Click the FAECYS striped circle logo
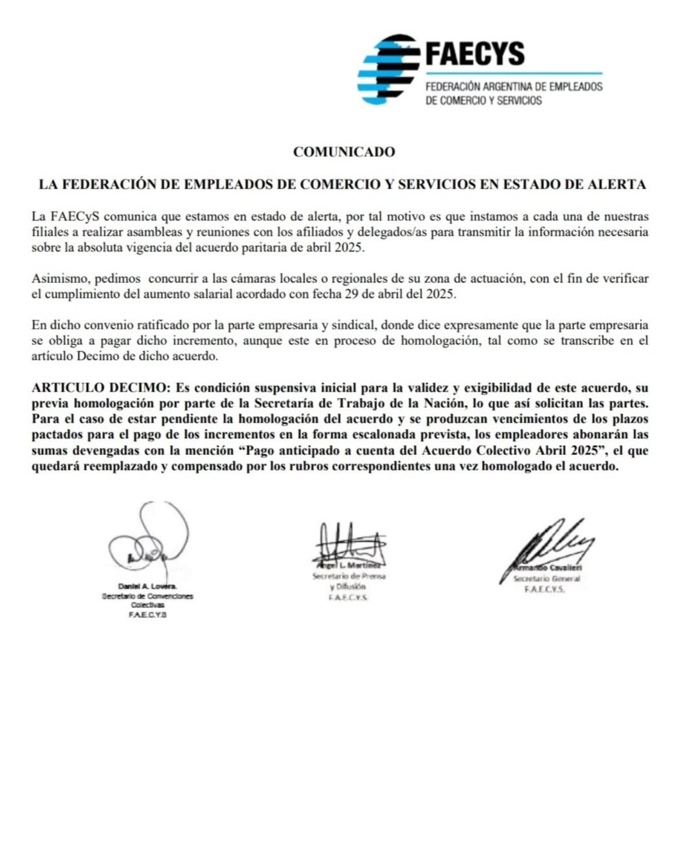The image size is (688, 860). click(388, 69)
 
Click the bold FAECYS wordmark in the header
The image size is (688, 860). click(475, 54)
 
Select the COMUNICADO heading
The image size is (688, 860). click(343, 152)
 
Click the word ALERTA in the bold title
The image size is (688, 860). click(617, 185)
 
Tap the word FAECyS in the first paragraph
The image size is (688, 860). click(70, 216)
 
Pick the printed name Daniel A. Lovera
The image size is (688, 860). click(147, 586)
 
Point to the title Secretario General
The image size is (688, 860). click(546, 579)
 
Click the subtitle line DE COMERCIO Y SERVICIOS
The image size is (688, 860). click(484, 101)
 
